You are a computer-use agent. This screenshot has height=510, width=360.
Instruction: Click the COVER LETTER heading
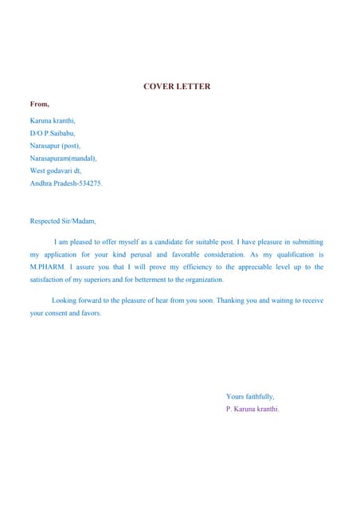coord(177,86)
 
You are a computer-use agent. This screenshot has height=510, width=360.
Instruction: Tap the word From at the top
coord(39,104)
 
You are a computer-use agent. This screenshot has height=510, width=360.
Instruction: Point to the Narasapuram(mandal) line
coord(63,158)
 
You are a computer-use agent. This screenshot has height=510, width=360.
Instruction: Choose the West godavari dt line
coord(55,171)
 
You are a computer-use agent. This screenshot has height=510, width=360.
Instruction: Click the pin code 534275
coord(88,183)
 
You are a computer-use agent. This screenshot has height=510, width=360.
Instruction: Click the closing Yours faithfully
coord(250,396)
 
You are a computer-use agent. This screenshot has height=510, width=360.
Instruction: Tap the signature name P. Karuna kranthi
coord(252,409)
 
